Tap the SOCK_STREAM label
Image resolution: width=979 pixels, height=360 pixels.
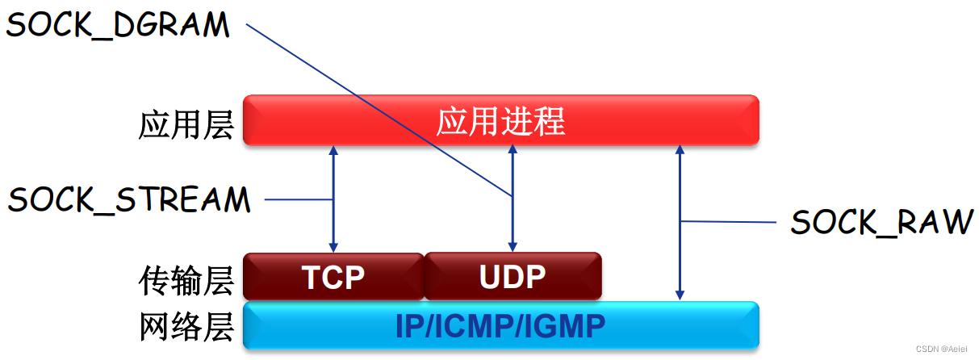click(129, 199)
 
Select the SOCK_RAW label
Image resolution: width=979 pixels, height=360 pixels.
click(881, 222)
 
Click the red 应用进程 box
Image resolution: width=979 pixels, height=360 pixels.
click(500, 120)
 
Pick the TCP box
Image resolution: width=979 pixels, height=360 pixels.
click(333, 277)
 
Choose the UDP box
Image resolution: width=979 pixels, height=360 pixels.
click(513, 277)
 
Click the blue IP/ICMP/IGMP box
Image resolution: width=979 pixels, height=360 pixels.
click(500, 325)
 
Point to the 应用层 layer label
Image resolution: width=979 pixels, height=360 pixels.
click(186, 125)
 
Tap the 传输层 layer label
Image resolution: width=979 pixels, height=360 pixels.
click(186, 279)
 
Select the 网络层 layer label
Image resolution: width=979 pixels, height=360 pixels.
click(186, 327)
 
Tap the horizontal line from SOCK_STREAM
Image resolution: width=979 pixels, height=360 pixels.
click(299, 199)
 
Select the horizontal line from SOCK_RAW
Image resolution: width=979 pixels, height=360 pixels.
click(726, 221)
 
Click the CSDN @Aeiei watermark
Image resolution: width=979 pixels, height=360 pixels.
click(946, 348)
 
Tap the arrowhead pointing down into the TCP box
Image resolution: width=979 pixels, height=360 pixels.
click(333, 245)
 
